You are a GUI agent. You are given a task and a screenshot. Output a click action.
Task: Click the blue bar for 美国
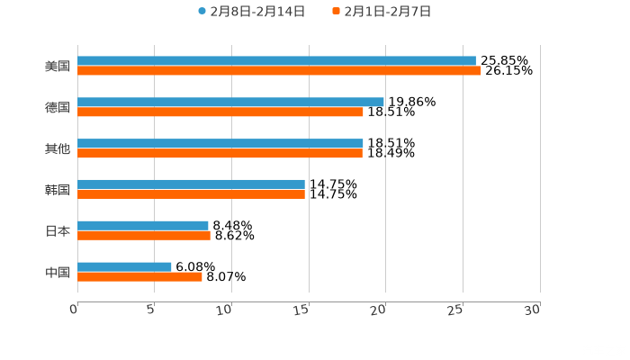point(276,61)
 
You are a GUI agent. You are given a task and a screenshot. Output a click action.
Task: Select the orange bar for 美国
point(279,71)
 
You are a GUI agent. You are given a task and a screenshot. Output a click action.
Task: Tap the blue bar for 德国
point(230,103)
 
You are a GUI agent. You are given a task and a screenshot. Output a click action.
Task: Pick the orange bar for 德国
point(220,112)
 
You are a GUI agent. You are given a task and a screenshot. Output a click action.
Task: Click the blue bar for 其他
point(220,144)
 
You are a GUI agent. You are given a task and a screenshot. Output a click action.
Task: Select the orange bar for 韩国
point(191,194)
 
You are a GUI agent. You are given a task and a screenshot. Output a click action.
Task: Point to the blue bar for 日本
point(143,226)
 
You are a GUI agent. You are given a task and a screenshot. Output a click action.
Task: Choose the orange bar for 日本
point(144,236)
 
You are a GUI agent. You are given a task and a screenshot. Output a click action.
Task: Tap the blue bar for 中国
point(124,267)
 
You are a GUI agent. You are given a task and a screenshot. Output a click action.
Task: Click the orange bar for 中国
point(139,277)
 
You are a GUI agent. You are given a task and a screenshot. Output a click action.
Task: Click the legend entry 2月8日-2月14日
point(252,12)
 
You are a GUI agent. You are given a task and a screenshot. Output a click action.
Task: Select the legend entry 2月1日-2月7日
point(382,12)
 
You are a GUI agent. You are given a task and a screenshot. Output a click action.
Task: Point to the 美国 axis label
point(58,67)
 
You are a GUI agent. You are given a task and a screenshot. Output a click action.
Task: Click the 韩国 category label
point(58,190)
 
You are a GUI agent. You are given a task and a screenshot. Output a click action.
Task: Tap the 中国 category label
point(58,272)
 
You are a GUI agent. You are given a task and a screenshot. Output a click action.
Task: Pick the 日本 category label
point(58,231)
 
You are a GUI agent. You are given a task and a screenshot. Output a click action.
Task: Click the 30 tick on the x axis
point(532,310)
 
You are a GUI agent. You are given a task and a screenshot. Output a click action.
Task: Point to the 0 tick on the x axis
point(74,310)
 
